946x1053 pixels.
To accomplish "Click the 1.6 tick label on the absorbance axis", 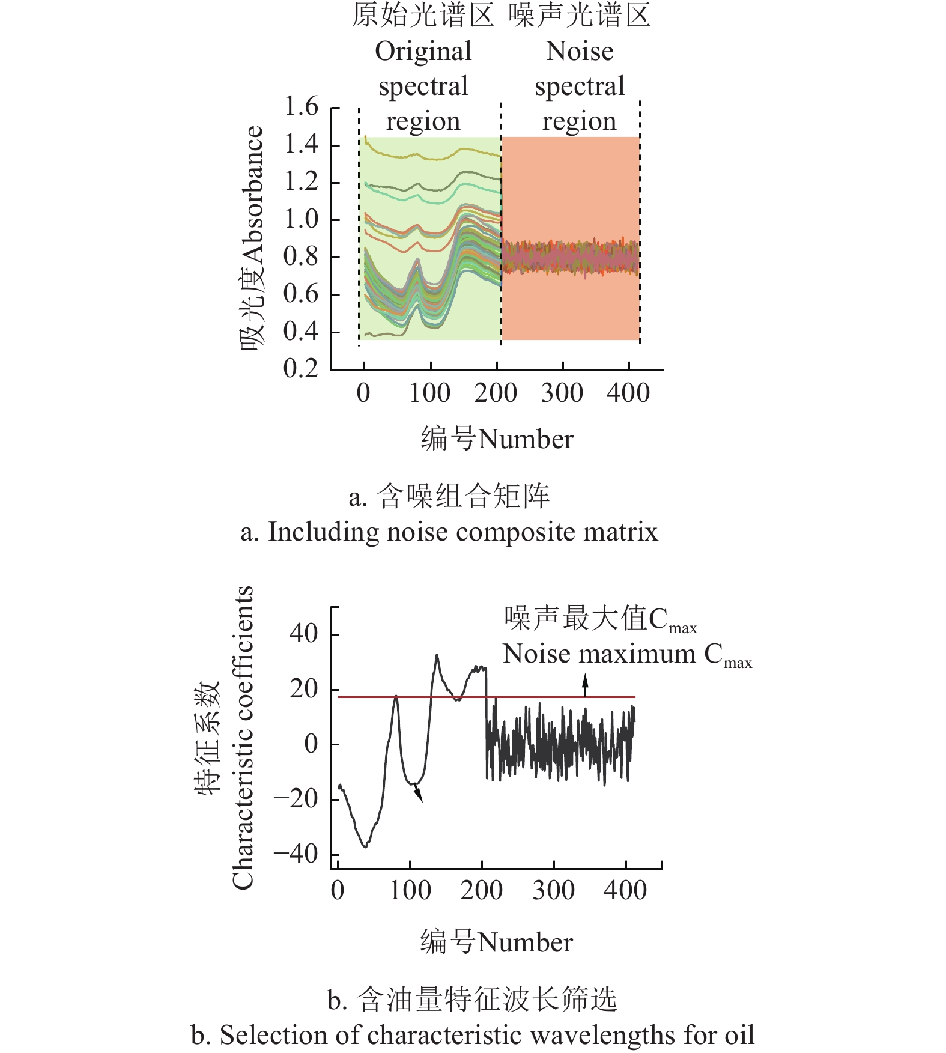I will (x=301, y=107).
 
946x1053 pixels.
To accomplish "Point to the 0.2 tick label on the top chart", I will (x=301, y=368).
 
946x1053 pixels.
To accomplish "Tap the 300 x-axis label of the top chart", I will (x=562, y=393).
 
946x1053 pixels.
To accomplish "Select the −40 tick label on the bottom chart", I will (x=296, y=854).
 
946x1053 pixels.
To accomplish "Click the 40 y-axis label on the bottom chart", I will (x=304, y=634).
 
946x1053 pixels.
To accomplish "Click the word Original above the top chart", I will (x=423, y=52).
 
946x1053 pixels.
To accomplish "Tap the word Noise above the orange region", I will (x=580, y=52).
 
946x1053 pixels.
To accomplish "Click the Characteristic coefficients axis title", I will (x=243, y=738).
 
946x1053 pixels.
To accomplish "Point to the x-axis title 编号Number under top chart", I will (x=497, y=439).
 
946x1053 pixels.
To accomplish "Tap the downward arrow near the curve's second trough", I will (x=418, y=795).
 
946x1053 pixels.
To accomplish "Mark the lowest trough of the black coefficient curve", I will (x=365, y=846).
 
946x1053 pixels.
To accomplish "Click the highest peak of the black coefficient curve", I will (x=437, y=655).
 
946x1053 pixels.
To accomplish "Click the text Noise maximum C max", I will (x=626, y=655).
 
